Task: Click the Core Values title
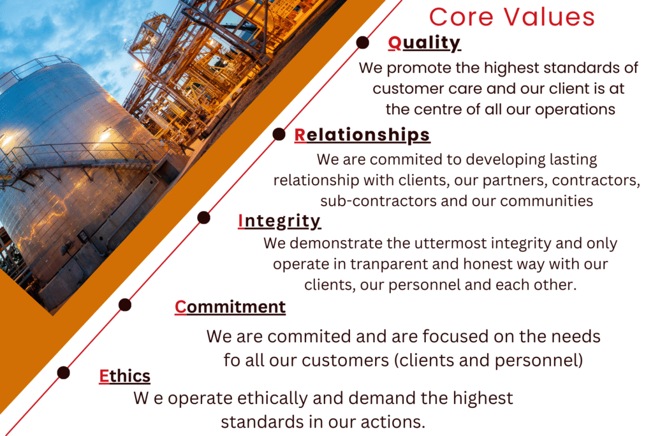[512, 17]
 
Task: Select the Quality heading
[424, 43]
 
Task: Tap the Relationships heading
[362, 135]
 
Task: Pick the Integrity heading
[279, 221]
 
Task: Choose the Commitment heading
[230, 307]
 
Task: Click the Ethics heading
[124, 376]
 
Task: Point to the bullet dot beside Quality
[363, 43]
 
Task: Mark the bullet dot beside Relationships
[279, 134]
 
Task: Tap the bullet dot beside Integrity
[203, 218]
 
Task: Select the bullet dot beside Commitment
[125, 304]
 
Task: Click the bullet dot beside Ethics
[63, 373]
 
